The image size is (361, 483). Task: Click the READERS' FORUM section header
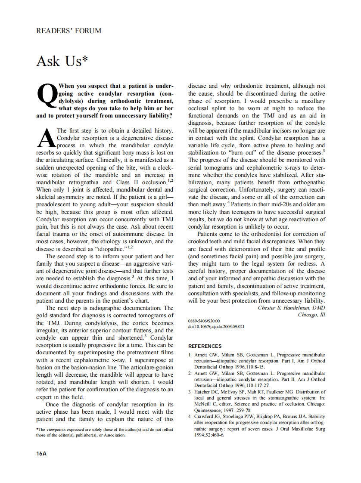[x=68, y=31]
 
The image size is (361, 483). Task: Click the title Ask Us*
[x=62, y=61]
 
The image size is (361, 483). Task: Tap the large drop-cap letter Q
[x=47, y=94]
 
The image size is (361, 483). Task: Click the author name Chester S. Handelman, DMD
[x=291, y=308]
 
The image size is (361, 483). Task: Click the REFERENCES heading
[x=205, y=346]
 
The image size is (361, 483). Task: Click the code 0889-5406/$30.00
[x=204, y=321]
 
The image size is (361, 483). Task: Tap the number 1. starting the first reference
[x=190, y=355]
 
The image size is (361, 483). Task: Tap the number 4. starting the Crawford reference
[x=190, y=417]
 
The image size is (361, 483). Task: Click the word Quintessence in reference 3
[x=210, y=411]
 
